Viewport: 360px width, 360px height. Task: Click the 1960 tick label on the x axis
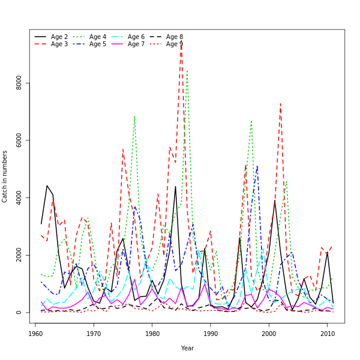tap(35, 334)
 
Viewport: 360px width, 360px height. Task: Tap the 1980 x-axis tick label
tap(152, 334)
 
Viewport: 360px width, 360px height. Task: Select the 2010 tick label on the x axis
tap(327, 334)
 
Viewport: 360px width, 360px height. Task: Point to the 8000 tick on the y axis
tap(19, 82)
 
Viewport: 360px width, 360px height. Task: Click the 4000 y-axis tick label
tap(19, 197)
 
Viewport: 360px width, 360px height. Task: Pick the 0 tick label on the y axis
tap(19, 313)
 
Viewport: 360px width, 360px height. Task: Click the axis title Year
tap(187, 348)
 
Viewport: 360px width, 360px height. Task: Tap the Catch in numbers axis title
tap(5, 176)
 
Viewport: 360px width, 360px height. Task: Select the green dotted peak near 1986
tap(187, 70)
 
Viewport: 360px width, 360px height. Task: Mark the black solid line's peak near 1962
tap(47, 185)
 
